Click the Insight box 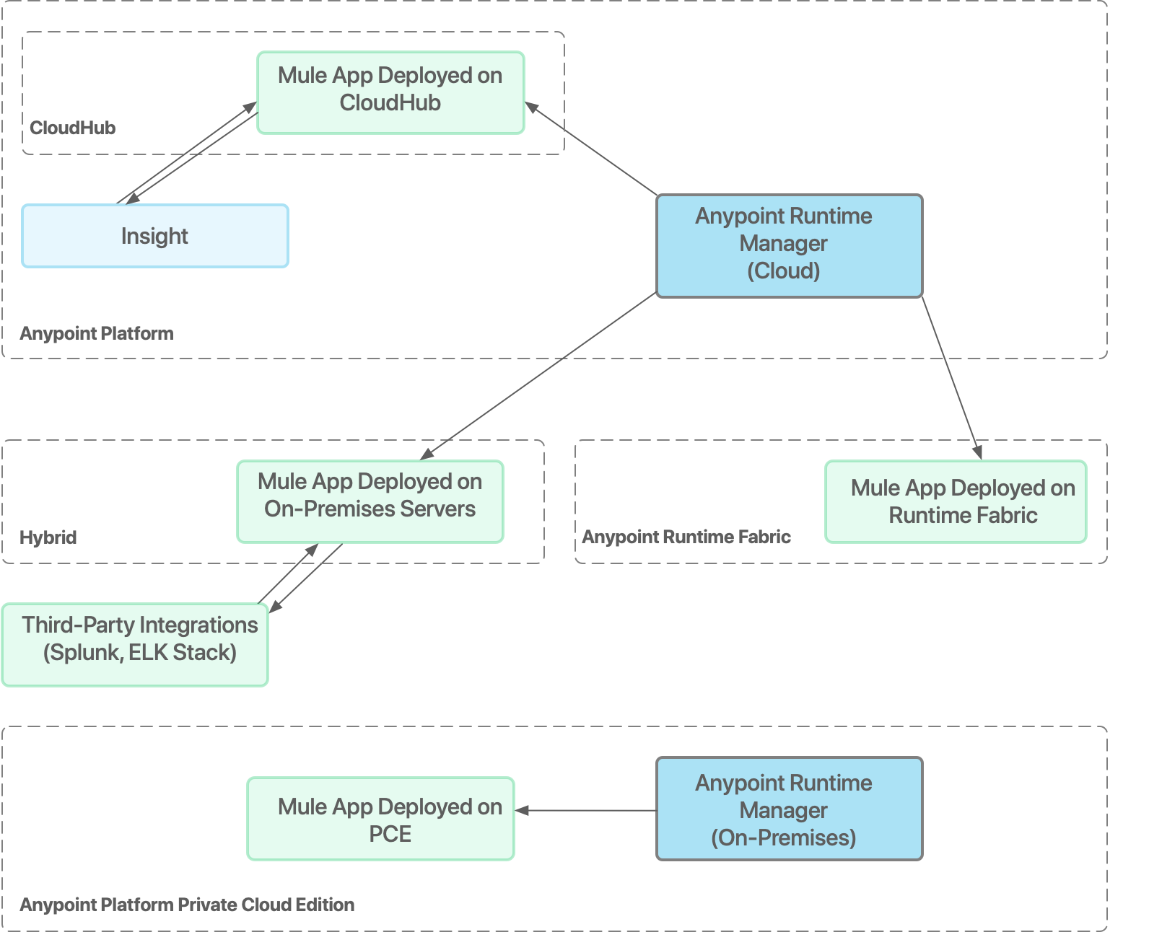coord(154,236)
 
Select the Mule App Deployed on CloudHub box coord(390,92)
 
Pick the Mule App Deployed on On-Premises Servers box coord(370,501)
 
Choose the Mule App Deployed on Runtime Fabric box coord(955,501)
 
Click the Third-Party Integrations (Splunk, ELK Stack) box coord(135,644)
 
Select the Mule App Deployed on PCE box coord(380,818)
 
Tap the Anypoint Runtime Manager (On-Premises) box coord(789,808)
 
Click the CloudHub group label coord(72,128)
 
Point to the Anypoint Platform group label coord(97,333)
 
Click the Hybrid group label coord(48,537)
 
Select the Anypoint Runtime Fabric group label coord(686,537)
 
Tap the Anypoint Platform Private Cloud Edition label coord(187,905)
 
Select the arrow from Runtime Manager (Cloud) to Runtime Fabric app coord(951,375)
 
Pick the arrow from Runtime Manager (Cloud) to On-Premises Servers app coord(538,376)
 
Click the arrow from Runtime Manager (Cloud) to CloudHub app coord(592,149)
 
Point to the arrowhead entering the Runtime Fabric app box coord(977,452)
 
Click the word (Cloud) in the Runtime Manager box coord(783,271)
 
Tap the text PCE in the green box coord(390,834)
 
